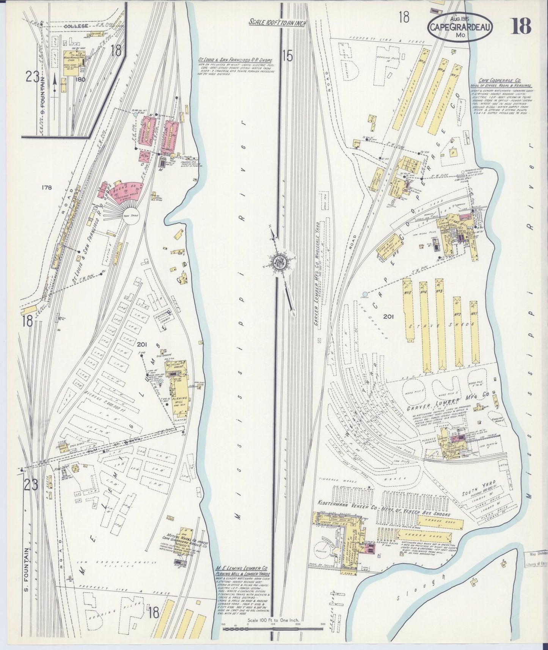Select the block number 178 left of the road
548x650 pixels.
pyautogui.click(x=47, y=187)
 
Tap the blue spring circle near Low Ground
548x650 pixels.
pyautogui.click(x=364, y=294)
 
